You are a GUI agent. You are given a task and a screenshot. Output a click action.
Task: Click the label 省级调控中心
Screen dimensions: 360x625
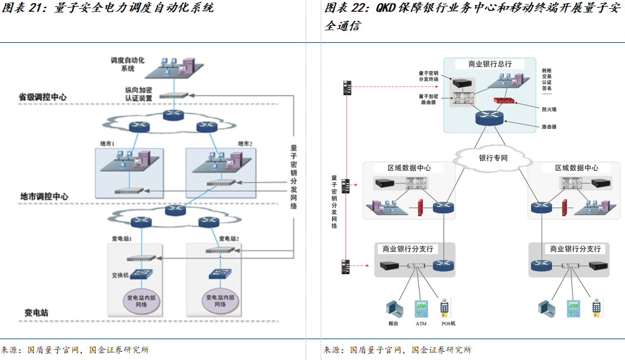pos(42,98)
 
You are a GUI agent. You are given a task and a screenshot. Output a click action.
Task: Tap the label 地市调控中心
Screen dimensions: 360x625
pos(42,197)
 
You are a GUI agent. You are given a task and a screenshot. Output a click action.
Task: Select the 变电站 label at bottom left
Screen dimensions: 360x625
pos(37,313)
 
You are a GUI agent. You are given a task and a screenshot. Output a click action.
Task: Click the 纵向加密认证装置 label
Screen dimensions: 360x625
pos(139,94)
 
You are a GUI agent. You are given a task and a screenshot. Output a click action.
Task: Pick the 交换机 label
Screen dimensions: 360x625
pos(120,276)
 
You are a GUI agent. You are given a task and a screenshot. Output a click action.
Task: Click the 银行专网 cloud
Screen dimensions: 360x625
pos(493,158)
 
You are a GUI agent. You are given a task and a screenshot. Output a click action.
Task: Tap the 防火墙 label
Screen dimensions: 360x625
pos(549,109)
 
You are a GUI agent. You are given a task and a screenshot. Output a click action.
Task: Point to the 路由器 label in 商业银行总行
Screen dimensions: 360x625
pos(549,127)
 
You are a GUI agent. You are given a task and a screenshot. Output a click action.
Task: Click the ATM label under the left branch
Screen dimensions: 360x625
pos(421,324)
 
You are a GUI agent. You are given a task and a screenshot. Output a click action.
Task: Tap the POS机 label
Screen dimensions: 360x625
pos(448,324)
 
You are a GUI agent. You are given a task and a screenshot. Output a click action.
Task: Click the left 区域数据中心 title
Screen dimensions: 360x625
pos(408,168)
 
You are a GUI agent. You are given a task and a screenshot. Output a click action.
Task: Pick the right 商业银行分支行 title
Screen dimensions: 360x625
pos(575,249)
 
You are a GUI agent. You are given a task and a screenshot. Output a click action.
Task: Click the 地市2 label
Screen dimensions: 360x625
pos(244,144)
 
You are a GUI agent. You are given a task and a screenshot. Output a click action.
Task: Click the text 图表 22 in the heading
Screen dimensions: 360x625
pos(346,8)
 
